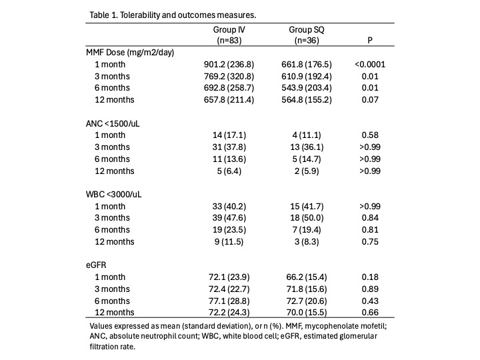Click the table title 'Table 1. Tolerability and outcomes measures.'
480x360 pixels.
173,15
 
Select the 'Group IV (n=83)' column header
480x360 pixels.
229,35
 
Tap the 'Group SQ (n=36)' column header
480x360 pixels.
307,35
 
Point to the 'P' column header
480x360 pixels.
370,40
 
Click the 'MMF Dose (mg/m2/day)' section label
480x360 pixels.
130,53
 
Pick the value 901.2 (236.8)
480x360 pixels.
229,64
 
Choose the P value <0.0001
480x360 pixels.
370,64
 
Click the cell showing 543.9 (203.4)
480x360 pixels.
307,88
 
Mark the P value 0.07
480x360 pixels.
370,100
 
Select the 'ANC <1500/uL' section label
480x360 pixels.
113,123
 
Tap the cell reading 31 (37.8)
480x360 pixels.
229,147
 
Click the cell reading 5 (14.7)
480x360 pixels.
307,159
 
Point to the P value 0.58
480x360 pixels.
370,135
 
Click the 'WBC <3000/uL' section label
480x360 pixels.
114,195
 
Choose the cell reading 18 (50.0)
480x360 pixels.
307,218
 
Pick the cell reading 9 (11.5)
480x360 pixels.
229,242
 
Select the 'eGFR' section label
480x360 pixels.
96,265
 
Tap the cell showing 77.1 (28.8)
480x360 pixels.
229,301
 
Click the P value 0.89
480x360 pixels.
370,289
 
